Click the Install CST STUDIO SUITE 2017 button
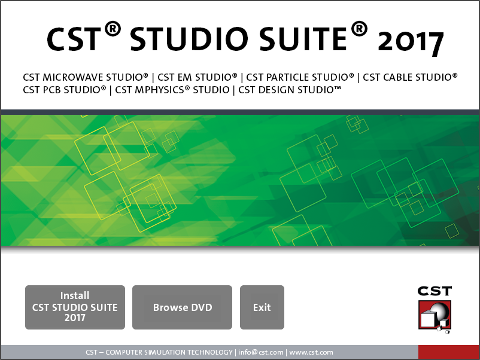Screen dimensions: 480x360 75,307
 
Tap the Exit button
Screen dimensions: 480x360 262,307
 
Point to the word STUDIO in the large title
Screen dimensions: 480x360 189,39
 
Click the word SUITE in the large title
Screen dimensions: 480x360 303,39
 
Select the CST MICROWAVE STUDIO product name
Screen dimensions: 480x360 86,77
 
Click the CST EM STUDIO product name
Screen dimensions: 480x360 198,77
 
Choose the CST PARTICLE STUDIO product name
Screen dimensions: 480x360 300,77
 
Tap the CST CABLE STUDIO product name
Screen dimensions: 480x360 410,77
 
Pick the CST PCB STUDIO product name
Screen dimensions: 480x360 64,90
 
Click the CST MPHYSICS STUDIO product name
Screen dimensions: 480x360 172,90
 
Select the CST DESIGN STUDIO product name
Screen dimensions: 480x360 290,90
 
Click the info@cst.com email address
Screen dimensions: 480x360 261,352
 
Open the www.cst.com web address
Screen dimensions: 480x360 311,352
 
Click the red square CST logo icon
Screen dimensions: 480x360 435,315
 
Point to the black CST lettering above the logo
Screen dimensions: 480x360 435,291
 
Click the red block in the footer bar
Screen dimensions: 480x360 448,352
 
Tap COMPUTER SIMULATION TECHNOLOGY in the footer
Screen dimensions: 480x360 169,352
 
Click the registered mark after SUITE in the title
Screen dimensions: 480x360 359,29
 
